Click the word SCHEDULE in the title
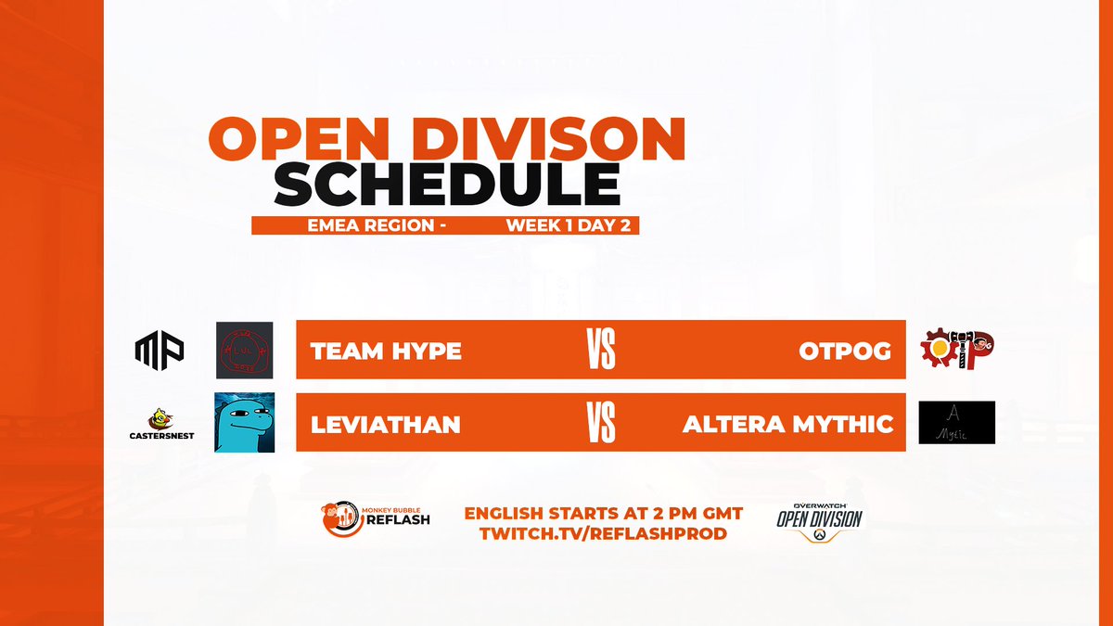click(446, 185)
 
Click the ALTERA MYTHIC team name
click(787, 425)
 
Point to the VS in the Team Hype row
click(601, 351)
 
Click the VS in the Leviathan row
click(601, 425)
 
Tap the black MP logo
click(160, 349)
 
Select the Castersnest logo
click(162, 424)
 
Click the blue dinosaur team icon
click(244, 423)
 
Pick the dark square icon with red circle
click(244, 350)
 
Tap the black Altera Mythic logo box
click(957, 423)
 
